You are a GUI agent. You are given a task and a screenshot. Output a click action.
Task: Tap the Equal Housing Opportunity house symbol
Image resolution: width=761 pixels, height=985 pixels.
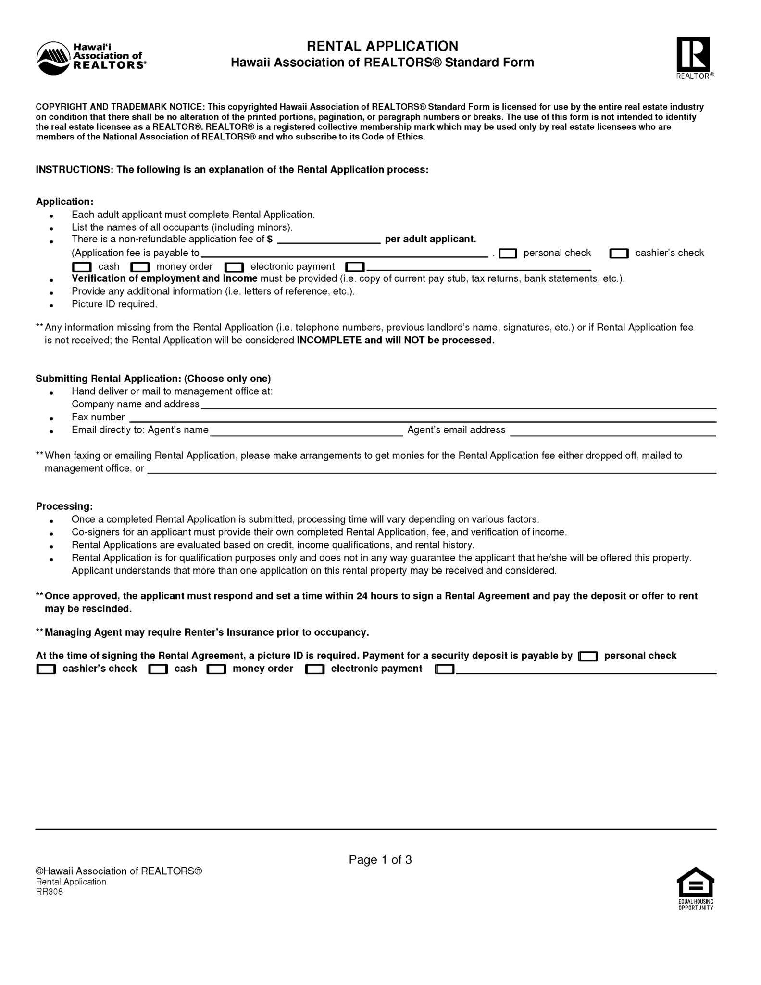click(695, 883)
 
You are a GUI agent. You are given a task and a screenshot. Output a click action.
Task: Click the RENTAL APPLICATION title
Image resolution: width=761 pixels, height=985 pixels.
click(382, 46)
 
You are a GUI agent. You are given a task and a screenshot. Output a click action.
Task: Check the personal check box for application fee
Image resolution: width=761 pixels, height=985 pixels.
click(508, 253)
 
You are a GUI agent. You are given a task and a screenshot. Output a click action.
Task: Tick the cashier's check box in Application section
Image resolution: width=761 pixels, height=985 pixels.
click(619, 253)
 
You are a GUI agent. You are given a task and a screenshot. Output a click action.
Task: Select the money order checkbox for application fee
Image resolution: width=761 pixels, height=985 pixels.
click(140, 267)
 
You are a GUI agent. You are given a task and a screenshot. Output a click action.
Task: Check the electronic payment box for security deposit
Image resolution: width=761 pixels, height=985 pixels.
click(315, 669)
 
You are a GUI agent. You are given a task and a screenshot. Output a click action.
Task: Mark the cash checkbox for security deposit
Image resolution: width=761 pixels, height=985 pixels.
click(158, 669)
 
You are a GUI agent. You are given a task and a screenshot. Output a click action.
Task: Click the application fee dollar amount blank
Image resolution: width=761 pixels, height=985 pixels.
click(329, 240)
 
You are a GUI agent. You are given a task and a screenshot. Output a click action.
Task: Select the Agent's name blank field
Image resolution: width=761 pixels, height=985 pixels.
click(306, 430)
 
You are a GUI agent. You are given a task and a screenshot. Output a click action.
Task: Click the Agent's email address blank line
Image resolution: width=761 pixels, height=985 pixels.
click(612, 430)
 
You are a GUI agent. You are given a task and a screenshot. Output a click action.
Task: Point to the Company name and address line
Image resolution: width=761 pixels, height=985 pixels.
click(458, 404)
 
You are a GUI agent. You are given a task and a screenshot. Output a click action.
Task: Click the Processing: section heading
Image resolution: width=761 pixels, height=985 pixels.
click(64, 506)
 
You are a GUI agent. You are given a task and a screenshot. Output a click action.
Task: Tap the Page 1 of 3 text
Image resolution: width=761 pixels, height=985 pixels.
click(380, 859)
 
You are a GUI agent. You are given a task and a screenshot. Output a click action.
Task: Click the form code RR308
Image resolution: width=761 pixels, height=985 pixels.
click(50, 892)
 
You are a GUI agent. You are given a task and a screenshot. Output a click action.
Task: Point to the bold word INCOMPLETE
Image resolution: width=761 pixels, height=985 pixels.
click(329, 341)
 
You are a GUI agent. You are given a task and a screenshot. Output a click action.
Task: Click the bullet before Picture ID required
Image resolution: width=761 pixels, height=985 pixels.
click(51, 305)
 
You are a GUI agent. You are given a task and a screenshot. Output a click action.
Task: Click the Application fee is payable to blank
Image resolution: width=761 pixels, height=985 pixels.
click(344, 253)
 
